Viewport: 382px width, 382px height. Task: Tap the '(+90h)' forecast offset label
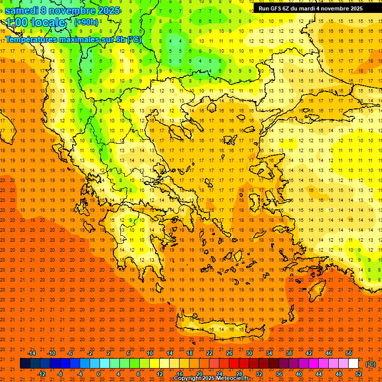tap(86, 22)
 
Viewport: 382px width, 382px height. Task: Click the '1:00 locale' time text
tap(35, 22)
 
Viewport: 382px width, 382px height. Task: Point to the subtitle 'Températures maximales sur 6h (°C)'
tap(73, 40)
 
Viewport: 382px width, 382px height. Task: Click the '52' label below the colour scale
tap(359, 374)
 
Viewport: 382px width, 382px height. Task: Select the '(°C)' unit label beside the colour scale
tap(371, 364)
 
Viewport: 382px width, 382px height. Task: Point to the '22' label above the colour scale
tap(209, 353)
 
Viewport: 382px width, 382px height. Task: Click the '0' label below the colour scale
tap(99, 374)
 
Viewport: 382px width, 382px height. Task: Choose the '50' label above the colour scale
tap(349, 353)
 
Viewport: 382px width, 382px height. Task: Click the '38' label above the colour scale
tap(289, 353)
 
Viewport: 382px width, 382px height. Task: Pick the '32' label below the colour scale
tap(259, 374)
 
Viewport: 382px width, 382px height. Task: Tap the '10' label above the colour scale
tap(150, 353)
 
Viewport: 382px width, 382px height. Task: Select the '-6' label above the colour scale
tap(71, 353)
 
